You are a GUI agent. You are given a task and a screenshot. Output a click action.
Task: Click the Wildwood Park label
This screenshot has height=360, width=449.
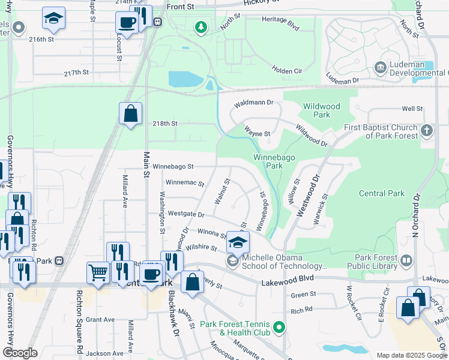click(321, 110)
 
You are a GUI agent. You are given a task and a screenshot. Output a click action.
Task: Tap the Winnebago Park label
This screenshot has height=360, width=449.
click(268, 161)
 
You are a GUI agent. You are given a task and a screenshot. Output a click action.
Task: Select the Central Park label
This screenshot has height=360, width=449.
click(382, 194)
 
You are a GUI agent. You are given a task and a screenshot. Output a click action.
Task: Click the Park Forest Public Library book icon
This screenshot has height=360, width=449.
click(406, 260)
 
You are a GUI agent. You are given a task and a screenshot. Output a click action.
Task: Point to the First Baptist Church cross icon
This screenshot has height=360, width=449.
click(426, 130)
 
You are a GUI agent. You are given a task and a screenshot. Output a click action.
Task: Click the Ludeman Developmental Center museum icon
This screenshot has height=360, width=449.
click(379, 67)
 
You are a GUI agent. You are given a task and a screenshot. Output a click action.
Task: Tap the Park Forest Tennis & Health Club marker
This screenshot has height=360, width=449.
click(278, 328)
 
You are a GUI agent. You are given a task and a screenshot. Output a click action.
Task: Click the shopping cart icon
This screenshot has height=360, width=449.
click(98, 273)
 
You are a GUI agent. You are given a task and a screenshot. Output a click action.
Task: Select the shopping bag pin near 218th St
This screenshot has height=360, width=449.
click(131, 113)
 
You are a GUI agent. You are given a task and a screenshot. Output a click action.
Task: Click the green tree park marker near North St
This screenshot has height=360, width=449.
click(201, 27)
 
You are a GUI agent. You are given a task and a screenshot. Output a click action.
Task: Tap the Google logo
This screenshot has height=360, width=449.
click(20, 353)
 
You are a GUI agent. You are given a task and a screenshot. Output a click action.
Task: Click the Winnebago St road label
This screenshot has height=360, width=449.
click(173, 166)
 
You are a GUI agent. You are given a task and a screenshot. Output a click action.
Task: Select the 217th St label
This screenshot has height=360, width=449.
click(76, 72)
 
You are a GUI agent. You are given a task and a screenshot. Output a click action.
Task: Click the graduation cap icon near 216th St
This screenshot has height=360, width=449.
click(53, 19)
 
